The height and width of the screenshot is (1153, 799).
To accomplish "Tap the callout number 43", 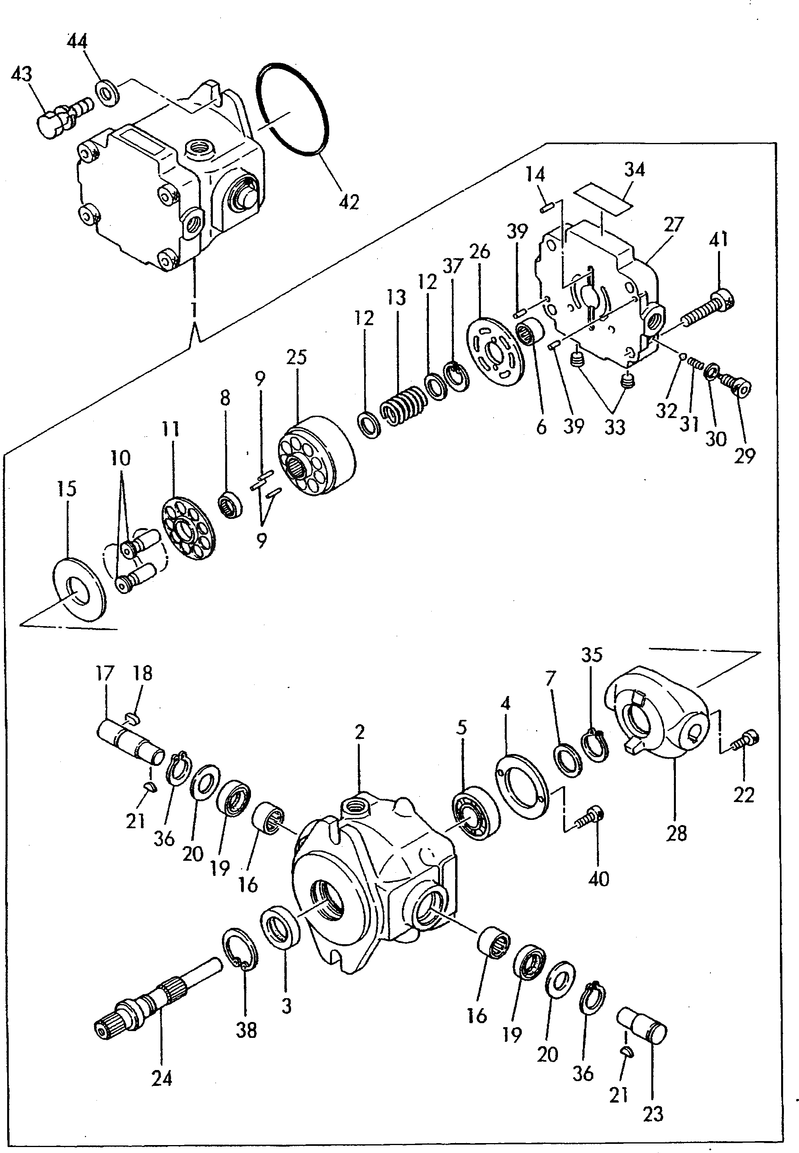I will pos(21,74).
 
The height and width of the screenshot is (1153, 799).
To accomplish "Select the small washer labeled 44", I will pos(107,92).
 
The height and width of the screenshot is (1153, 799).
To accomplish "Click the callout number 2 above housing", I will pos(359,732).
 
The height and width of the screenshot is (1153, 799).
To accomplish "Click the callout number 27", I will pos(674,225).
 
